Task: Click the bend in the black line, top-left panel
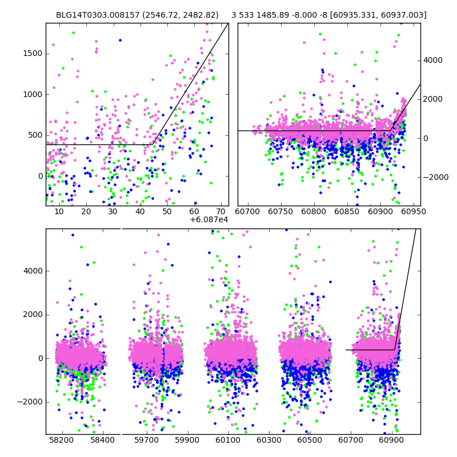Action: [x=154, y=145]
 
